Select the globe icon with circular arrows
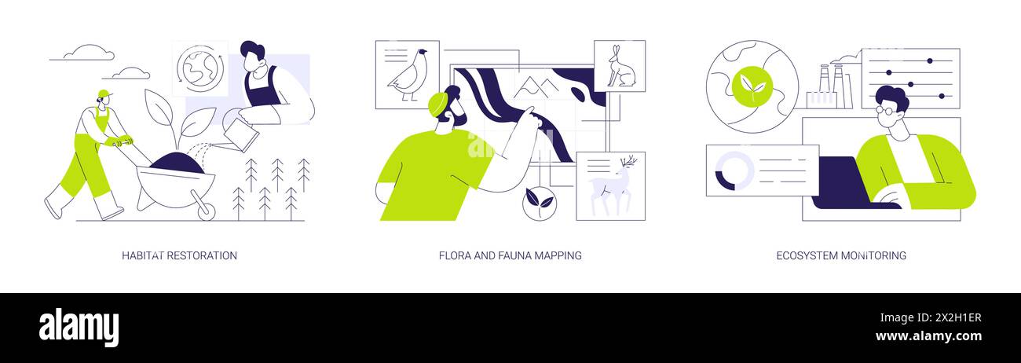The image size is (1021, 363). pyautogui.click(x=200, y=68)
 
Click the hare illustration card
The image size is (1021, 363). pyautogui.click(x=620, y=66)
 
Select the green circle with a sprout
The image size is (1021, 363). pyautogui.click(x=752, y=86)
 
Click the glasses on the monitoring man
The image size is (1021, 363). pyautogui.click(x=887, y=110)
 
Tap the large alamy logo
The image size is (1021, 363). pyautogui.click(x=79, y=327)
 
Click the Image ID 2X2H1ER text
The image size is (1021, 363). pyautogui.click(x=931, y=317)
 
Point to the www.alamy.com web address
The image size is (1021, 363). pyautogui.click(x=928, y=336)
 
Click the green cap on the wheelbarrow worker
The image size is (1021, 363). pyautogui.click(x=104, y=94)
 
